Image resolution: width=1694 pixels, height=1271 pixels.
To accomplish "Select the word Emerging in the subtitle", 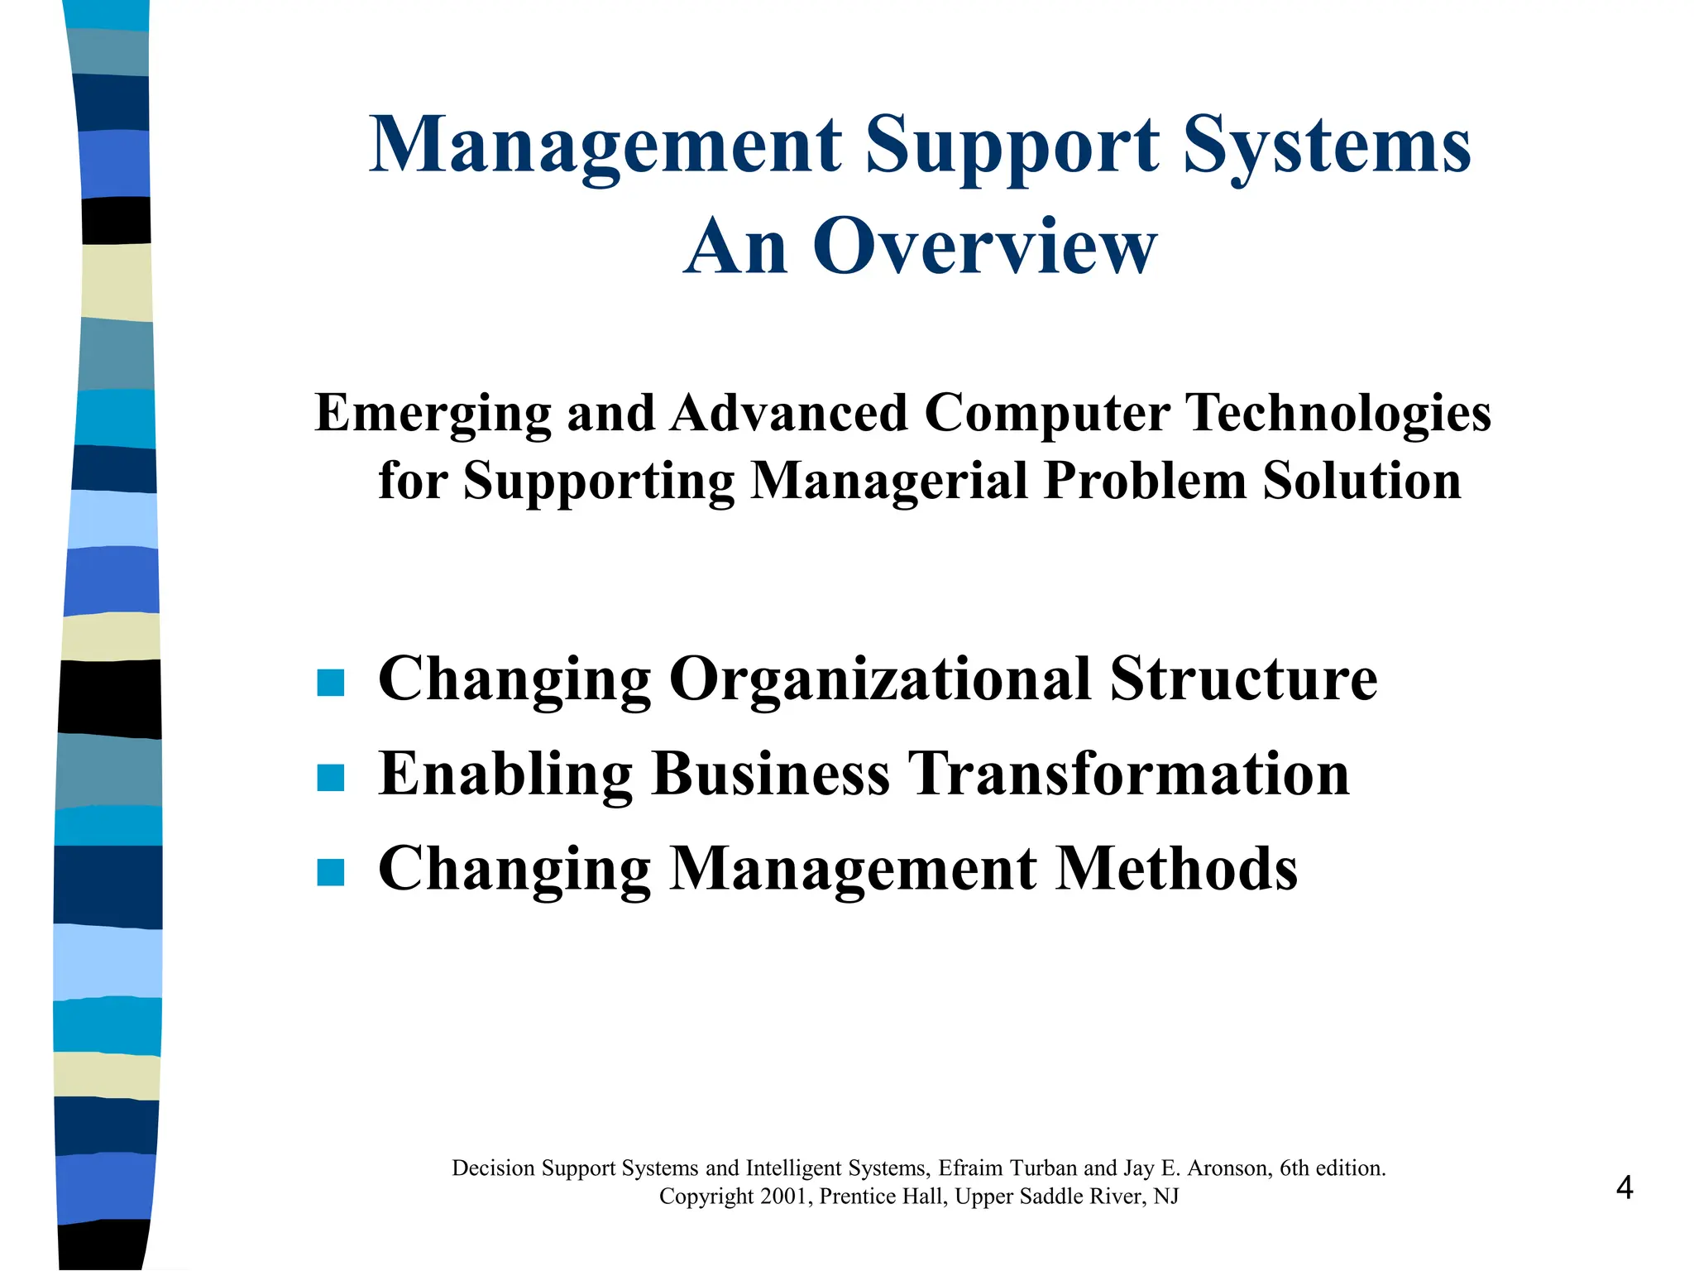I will (x=433, y=414).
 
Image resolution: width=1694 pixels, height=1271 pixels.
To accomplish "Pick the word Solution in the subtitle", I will (x=1361, y=481).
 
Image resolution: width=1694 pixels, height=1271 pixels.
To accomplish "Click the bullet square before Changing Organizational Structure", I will (x=331, y=683).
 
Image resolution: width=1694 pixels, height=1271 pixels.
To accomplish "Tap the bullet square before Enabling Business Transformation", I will (x=331, y=778).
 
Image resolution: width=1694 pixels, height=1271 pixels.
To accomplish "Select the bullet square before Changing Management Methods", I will (x=331, y=872).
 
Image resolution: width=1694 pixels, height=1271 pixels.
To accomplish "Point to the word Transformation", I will (x=1129, y=774).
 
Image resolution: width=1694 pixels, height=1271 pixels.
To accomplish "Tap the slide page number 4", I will (x=1625, y=1188).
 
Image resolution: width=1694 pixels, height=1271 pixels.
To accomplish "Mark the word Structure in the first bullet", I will (x=1243, y=679).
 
